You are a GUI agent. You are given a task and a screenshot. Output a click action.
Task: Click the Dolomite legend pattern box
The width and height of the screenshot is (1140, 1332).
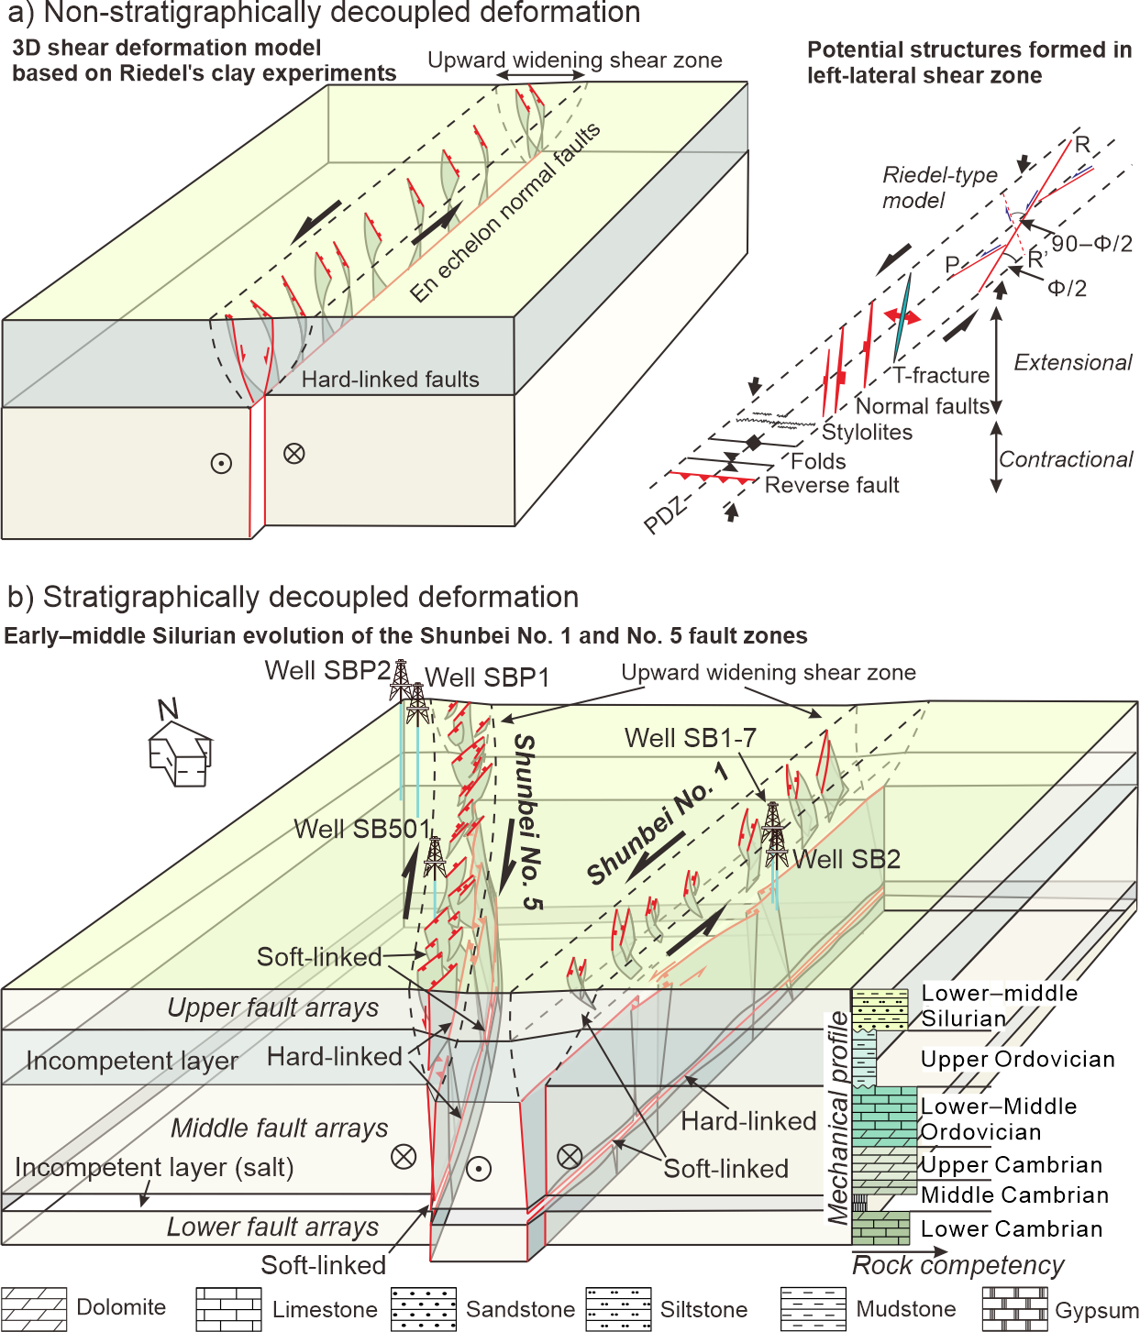[x=34, y=1308]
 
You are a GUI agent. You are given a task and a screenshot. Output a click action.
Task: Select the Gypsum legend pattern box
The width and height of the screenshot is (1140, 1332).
[x=1014, y=1308]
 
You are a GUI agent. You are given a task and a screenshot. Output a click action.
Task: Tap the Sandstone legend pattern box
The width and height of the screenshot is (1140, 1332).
[x=423, y=1308]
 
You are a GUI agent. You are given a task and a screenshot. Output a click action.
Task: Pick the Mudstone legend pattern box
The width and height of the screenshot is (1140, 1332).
[x=813, y=1308]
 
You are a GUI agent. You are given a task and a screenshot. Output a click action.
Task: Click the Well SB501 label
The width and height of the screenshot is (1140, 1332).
[x=361, y=829]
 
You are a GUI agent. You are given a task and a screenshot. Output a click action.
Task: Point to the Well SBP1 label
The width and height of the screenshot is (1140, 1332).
[x=487, y=677]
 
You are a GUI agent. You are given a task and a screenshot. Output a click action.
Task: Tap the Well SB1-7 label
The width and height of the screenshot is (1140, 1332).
[x=690, y=738]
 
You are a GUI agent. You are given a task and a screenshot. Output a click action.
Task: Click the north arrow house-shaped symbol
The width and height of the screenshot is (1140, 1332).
[x=181, y=753]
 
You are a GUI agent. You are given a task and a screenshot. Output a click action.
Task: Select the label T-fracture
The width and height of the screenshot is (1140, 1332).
[x=942, y=375]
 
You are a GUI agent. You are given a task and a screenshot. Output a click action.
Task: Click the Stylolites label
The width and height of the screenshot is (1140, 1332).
[x=867, y=432]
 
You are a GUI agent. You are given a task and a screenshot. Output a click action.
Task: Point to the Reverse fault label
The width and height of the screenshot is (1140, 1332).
[x=832, y=485]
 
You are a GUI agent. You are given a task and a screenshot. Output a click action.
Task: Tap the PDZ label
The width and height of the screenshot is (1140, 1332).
[x=664, y=516]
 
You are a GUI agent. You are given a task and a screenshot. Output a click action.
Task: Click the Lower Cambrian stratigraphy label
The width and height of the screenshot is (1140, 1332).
[x=1011, y=1228]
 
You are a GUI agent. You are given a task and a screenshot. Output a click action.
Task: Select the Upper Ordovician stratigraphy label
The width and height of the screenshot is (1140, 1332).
[x=1017, y=1059]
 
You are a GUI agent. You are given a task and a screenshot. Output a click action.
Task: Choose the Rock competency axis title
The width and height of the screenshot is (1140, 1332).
[x=957, y=1265]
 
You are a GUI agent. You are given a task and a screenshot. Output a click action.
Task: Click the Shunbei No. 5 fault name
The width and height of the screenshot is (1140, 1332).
[x=527, y=820]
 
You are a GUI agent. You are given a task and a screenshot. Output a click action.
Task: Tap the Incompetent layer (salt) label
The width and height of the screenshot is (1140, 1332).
[x=154, y=1167]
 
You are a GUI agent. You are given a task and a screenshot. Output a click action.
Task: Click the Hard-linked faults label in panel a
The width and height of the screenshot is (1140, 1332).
[x=390, y=380]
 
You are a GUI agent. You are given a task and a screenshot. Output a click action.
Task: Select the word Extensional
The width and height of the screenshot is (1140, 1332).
[x=1072, y=362]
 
